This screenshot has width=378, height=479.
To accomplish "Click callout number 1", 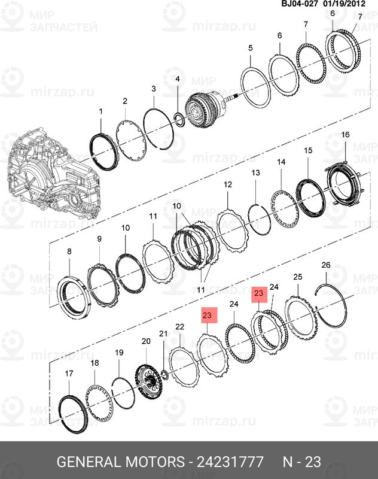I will pos(100,112).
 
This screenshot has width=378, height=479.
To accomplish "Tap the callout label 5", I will pos(250,47).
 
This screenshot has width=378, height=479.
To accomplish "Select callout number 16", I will pos(345,135).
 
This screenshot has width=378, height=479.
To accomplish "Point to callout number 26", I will pos(326,265).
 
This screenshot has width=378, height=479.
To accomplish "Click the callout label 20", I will pos(145,341).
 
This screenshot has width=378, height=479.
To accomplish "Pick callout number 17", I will pos(69,374).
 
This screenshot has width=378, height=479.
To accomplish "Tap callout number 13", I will pos(255,173).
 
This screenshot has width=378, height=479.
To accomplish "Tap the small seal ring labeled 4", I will pos(178,115).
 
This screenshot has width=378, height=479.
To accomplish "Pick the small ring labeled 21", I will pos(163,375).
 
